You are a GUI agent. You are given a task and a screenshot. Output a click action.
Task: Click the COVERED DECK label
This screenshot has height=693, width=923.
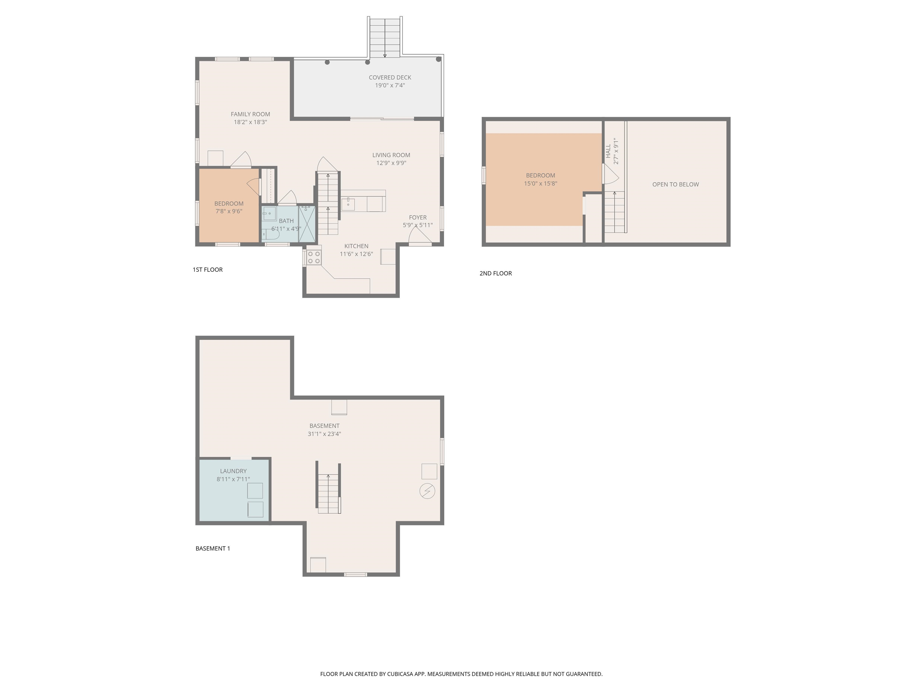390,77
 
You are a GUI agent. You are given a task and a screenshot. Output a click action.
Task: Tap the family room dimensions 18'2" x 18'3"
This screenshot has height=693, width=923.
250,122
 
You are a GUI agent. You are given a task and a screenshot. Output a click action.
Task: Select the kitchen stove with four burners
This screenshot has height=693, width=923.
314,257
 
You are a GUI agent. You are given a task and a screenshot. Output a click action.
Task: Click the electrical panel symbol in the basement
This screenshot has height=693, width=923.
427,491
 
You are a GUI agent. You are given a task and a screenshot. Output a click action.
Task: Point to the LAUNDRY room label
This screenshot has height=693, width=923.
233,471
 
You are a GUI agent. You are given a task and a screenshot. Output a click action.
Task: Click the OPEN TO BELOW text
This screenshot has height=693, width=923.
675,184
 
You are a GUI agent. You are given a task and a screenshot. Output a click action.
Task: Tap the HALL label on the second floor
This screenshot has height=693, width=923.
608,151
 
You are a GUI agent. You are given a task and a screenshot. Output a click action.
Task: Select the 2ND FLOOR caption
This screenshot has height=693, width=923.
495,273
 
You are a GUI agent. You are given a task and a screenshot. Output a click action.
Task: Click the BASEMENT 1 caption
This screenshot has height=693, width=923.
213,548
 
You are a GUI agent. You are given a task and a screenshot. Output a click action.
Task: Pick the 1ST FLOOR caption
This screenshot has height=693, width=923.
207,269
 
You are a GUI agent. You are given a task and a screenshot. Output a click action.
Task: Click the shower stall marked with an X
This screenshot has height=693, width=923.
307,224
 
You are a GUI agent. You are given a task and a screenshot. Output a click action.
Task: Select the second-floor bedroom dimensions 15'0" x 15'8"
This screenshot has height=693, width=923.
540,183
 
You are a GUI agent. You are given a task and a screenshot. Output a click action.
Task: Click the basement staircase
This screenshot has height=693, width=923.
329,493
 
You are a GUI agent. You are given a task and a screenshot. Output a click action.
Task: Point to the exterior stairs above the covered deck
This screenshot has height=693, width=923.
385,38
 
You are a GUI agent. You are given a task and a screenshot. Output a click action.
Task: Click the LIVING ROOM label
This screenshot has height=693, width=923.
391,155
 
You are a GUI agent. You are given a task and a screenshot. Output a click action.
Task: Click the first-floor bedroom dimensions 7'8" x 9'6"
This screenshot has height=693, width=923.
229,211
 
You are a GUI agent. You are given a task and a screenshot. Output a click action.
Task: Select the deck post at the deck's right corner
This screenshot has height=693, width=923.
438,59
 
